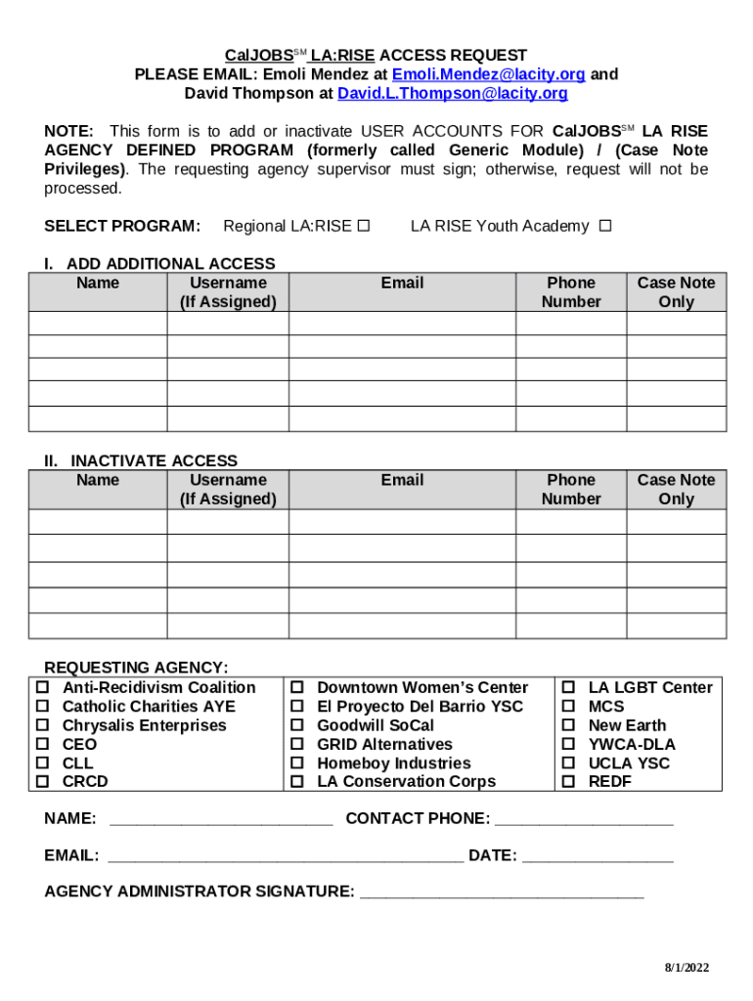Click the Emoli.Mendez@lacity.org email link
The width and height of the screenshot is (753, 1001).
pyautogui.click(x=488, y=74)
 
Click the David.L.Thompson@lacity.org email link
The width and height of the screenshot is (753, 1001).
pyautogui.click(x=452, y=94)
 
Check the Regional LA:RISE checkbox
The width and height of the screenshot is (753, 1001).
pyautogui.click(x=363, y=226)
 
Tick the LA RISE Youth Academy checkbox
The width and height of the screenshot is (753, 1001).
pyautogui.click(x=605, y=226)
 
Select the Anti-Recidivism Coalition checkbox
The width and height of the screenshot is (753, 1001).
pyautogui.click(x=43, y=688)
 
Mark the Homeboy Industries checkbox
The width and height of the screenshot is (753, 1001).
pyautogui.click(x=297, y=763)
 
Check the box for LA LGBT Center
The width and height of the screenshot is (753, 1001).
pyautogui.click(x=568, y=688)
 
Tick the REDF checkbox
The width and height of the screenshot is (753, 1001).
pyautogui.click(x=568, y=782)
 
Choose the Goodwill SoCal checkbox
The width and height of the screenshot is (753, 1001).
pyautogui.click(x=297, y=725)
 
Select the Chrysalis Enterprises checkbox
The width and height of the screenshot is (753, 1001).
pyautogui.click(x=43, y=725)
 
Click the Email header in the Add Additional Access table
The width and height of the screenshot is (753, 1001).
pyautogui.click(x=402, y=283)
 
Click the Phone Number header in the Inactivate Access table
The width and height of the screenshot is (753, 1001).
pyautogui.click(x=571, y=490)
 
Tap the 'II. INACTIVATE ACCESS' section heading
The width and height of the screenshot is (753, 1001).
pyautogui.click(x=141, y=460)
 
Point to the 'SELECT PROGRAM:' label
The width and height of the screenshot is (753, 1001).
pyautogui.click(x=122, y=226)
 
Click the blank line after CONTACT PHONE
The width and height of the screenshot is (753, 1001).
pyautogui.click(x=585, y=820)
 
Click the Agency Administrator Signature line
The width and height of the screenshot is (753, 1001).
pyautogui.click(x=502, y=892)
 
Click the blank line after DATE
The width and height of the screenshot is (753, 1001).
pyautogui.click(x=598, y=857)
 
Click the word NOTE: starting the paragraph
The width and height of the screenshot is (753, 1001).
pyautogui.click(x=69, y=131)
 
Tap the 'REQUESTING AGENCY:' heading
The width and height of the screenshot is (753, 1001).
pyautogui.click(x=136, y=668)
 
